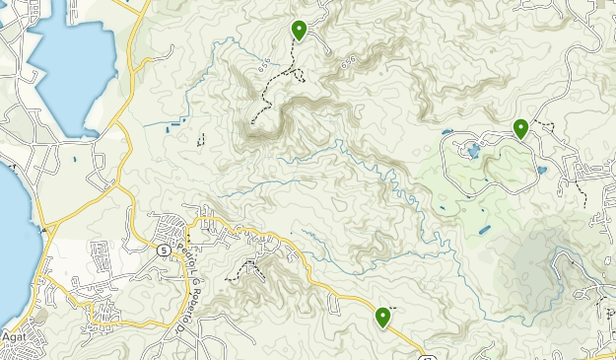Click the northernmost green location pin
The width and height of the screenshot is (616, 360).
pyautogui.click(x=298, y=31)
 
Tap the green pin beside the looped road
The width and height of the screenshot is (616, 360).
pyautogui.click(x=520, y=127)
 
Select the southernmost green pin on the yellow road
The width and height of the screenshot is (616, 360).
pyautogui.click(x=382, y=317)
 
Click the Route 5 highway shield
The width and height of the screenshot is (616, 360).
pyautogui.click(x=161, y=251)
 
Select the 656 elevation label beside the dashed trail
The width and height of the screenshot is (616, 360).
pyautogui.click(x=263, y=66)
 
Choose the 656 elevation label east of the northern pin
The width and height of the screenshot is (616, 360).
pyautogui.click(x=347, y=61)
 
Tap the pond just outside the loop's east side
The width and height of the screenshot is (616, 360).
pyautogui.click(x=541, y=170)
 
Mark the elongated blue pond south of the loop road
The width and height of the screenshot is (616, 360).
pyautogui.click(x=484, y=230)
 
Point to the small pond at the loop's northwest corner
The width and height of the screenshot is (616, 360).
pyautogui.click(x=448, y=131)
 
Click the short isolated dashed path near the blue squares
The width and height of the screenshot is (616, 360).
pyautogui.click(x=201, y=139)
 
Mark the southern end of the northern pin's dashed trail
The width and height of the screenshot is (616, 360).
pyautogui.click(x=252, y=121)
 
